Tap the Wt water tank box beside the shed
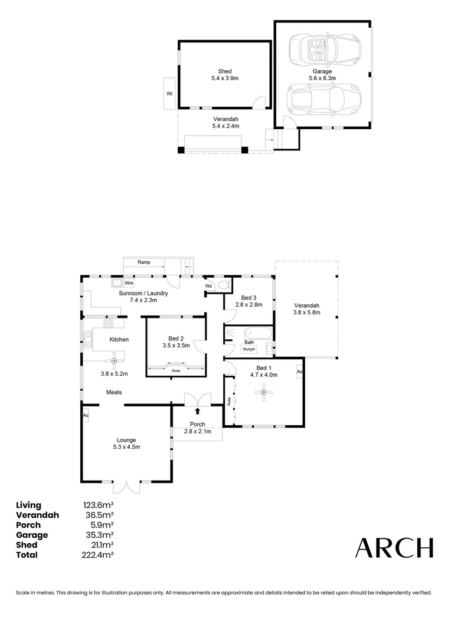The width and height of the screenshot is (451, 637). tap(169, 93)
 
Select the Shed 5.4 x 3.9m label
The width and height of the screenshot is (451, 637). tap(225, 74)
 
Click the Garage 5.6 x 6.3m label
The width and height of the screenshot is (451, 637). tap(322, 74)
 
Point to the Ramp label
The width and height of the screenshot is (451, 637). tap(143, 262)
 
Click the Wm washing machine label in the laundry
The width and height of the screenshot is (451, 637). tap(129, 283)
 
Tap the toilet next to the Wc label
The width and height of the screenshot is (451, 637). tap(223, 285)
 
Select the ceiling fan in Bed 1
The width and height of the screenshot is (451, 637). tap(264, 392)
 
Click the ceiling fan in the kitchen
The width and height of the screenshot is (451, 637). tap(114, 360)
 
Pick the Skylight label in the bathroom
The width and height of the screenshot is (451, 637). tap(249, 349)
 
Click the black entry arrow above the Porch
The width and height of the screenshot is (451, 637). tap(197, 411)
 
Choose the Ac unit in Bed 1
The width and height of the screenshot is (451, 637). tap(300, 372)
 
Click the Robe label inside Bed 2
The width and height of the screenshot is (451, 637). tap(176, 370)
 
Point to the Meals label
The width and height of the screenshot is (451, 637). tap(115, 392)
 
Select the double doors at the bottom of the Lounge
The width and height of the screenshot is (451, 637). tap(126, 487)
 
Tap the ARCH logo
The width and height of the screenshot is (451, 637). tap(394, 548)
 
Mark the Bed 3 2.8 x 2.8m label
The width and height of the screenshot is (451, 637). tap(249, 301)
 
